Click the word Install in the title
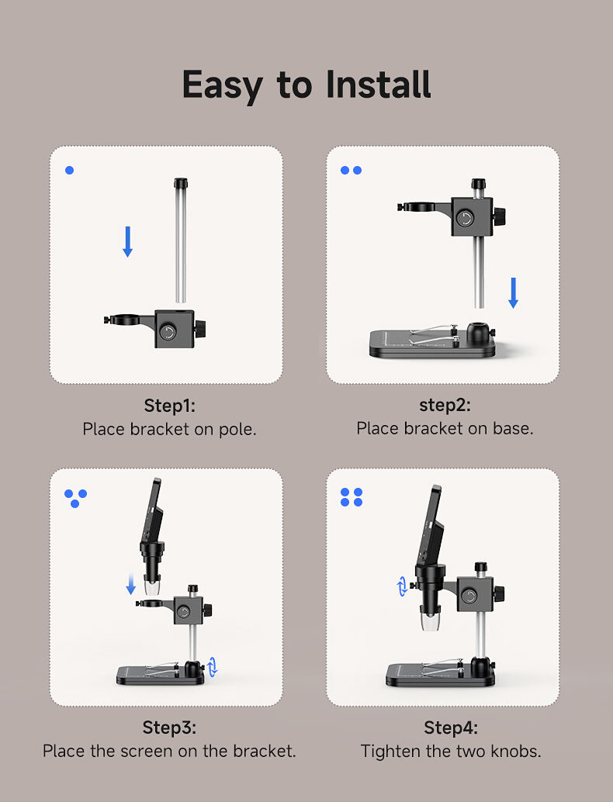[379, 85]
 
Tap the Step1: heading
[169, 406]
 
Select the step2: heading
[445, 406]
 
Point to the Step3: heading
[169, 728]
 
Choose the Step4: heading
[451, 728]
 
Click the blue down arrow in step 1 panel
[128, 241]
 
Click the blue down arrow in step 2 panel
[513, 293]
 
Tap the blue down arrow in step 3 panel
[131, 583]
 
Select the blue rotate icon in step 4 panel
[403, 586]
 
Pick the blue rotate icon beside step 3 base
[213, 666]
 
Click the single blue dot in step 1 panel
[70, 171]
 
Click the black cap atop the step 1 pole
[181, 183]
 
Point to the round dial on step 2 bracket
[465, 219]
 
